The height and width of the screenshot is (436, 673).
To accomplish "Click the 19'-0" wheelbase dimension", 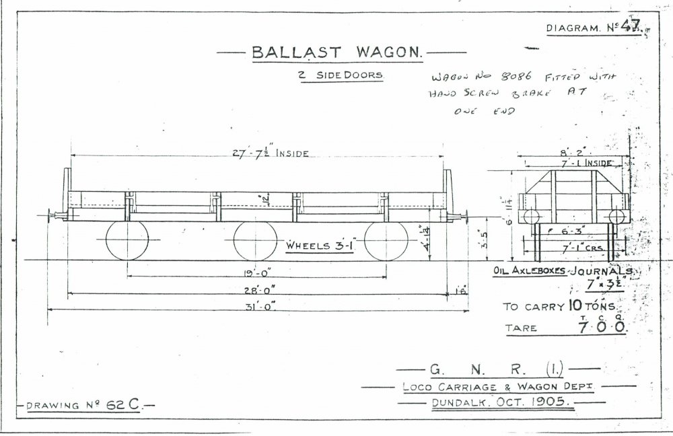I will point(257,275).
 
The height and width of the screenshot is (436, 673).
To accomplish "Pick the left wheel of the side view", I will point(127,240).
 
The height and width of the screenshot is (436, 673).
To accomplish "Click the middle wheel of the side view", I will point(255,240).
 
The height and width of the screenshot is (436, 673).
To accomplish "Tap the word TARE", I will point(522,328).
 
